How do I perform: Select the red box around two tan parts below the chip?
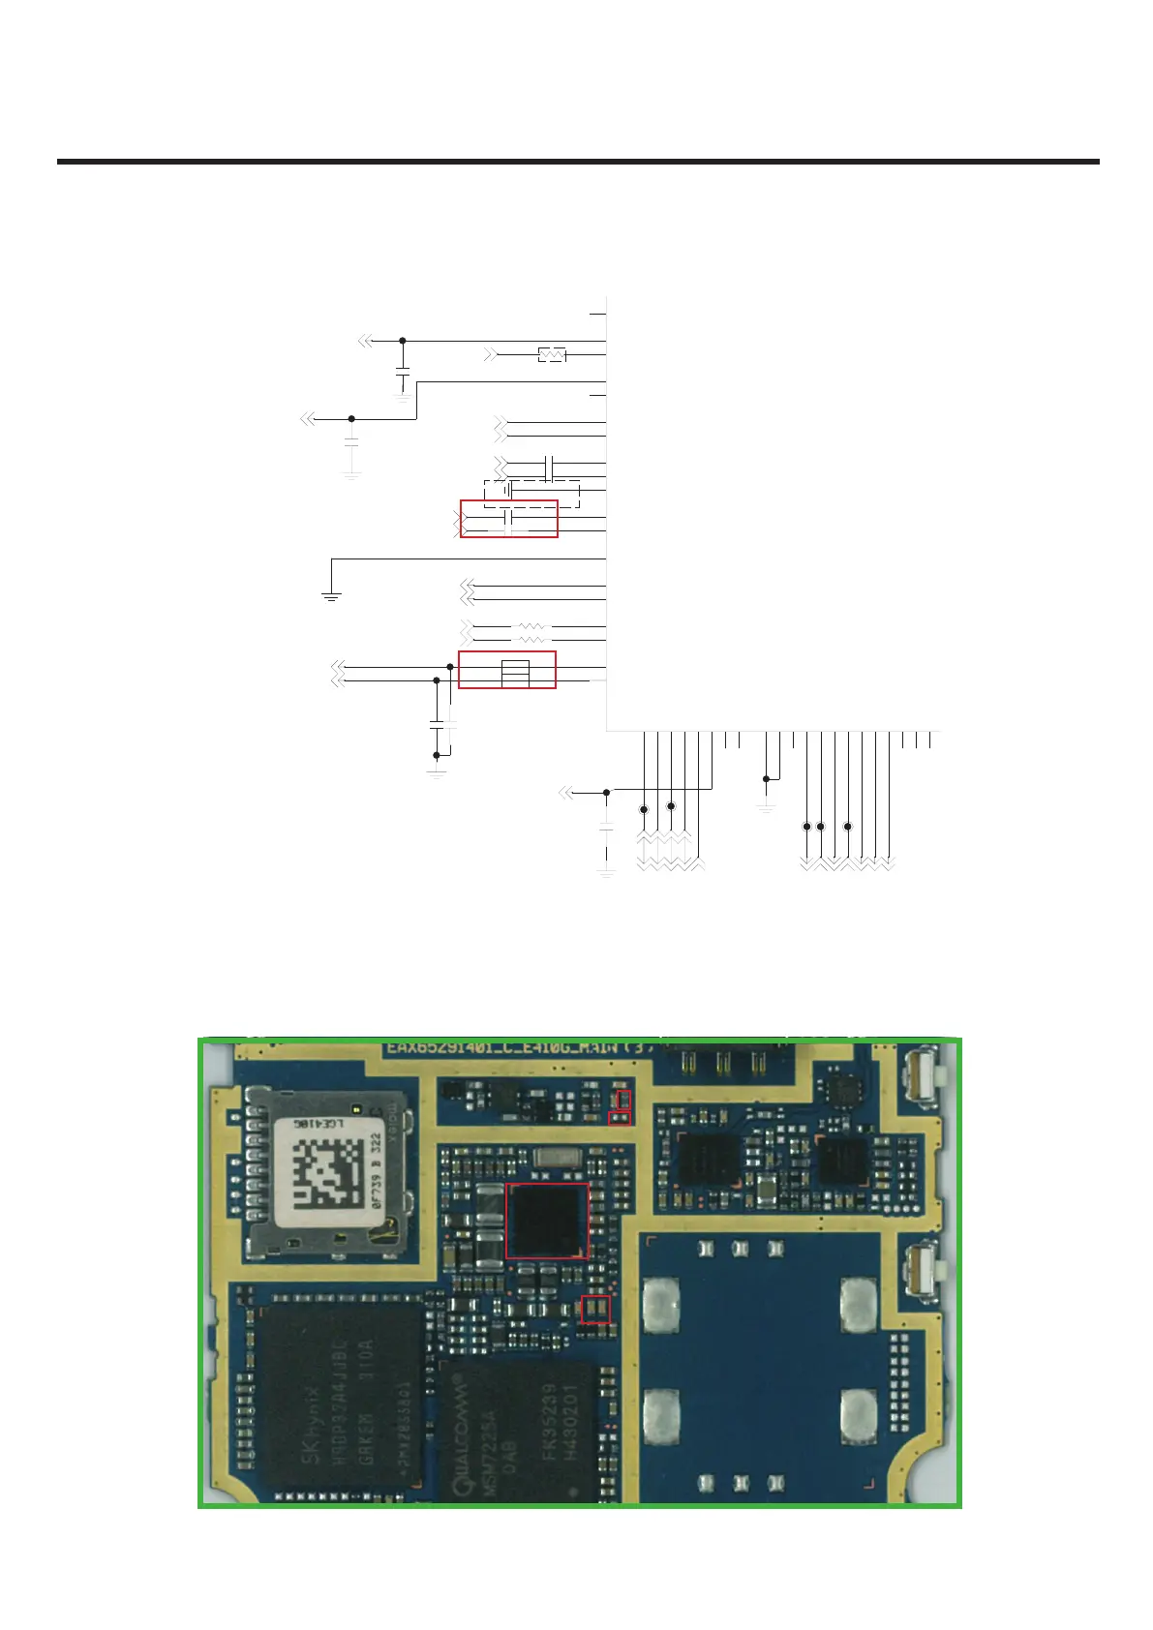click(x=594, y=1309)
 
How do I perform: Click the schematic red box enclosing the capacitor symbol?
click(x=508, y=519)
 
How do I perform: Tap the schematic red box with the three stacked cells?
click(x=507, y=670)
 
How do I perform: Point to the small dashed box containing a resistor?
click(x=552, y=355)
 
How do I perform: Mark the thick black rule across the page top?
click(x=578, y=162)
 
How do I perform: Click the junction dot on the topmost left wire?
click(x=403, y=341)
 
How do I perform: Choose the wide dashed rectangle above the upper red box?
click(x=531, y=494)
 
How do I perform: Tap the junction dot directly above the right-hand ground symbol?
click(x=766, y=778)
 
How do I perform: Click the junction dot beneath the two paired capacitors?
click(x=437, y=755)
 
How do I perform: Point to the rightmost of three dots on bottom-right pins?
click(x=848, y=826)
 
